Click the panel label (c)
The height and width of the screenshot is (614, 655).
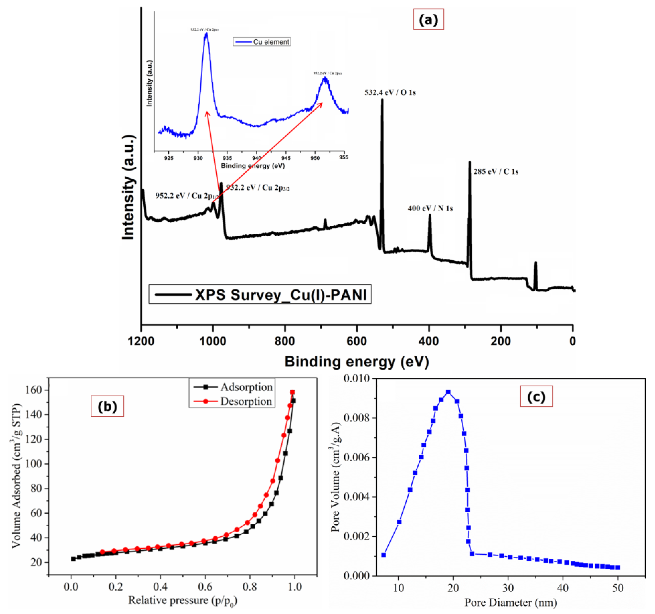pyautogui.click(x=536, y=396)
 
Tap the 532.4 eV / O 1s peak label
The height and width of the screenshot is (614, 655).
pyautogui.click(x=390, y=93)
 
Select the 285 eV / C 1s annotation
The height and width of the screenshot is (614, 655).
pyautogui.click(x=496, y=172)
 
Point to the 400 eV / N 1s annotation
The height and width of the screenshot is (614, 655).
pyautogui.click(x=430, y=209)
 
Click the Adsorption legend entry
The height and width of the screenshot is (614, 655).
pyautogui.click(x=246, y=387)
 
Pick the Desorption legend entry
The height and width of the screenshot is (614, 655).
pyautogui.click(x=246, y=402)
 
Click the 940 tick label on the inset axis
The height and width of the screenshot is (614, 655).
pyautogui.click(x=256, y=158)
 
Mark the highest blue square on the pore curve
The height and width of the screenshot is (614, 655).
pyautogui.click(x=448, y=392)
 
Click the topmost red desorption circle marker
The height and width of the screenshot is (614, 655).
pyautogui.click(x=292, y=392)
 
